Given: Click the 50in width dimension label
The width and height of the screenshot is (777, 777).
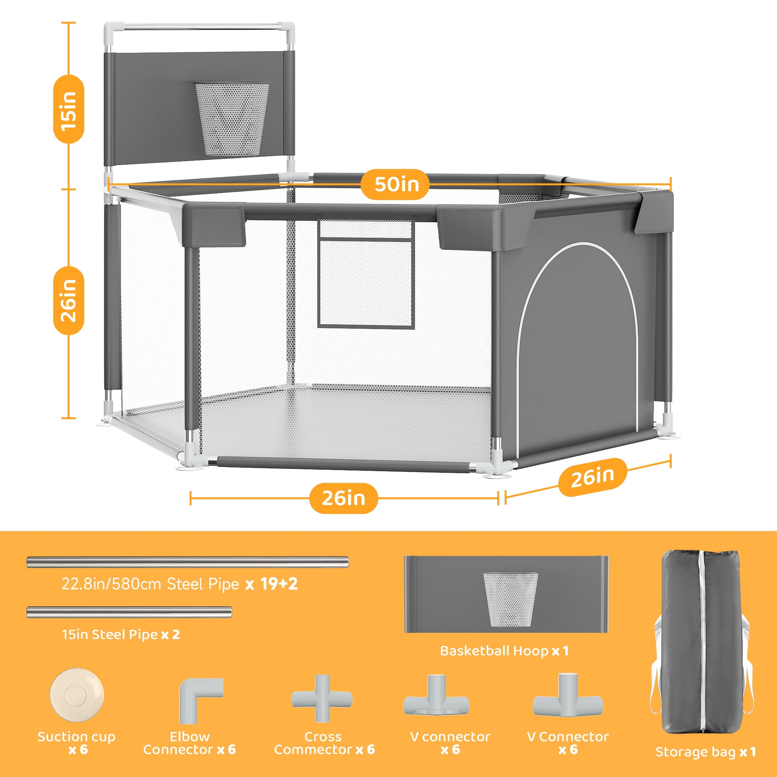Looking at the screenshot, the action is click(x=397, y=184).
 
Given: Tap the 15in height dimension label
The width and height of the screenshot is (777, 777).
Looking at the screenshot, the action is click(x=69, y=110).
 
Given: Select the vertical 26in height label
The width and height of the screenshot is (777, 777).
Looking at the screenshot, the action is click(x=69, y=300).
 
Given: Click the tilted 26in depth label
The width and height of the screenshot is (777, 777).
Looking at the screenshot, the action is click(x=593, y=477).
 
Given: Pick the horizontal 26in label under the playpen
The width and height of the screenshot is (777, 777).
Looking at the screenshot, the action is click(x=343, y=498).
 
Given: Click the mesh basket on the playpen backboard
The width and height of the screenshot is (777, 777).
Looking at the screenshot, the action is click(x=232, y=119).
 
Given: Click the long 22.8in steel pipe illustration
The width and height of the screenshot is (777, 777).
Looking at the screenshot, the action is click(x=187, y=562).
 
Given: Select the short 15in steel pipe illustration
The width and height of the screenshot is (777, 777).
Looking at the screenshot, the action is click(x=129, y=612).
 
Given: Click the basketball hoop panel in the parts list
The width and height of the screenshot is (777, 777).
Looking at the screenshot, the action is click(x=506, y=594).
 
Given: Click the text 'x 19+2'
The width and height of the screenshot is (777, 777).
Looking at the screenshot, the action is click(x=272, y=584).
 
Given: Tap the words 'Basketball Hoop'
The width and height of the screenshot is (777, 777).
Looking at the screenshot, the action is click(x=494, y=650).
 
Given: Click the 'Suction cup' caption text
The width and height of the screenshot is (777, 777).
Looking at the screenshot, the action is click(x=77, y=737).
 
